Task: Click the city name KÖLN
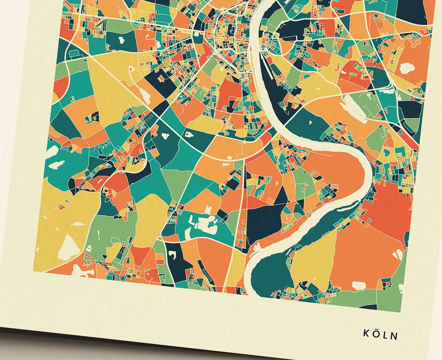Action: [381, 334]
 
